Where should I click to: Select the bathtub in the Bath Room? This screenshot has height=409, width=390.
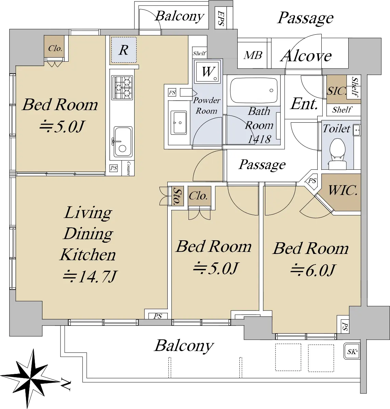(x=254, y=91)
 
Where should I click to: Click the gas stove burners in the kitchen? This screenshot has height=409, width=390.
(x=122, y=87)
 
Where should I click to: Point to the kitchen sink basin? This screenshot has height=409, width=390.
(x=123, y=142)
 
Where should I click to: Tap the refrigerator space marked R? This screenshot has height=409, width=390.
(x=124, y=50)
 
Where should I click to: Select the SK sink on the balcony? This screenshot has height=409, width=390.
(x=352, y=351)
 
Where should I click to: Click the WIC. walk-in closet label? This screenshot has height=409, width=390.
(x=343, y=190)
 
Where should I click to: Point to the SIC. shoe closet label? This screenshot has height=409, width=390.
(x=336, y=91)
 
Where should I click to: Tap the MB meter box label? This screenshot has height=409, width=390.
(x=253, y=55)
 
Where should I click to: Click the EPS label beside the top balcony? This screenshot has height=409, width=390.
(x=221, y=19)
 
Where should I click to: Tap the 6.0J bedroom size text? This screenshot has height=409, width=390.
(x=313, y=270)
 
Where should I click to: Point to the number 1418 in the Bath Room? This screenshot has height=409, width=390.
(x=259, y=139)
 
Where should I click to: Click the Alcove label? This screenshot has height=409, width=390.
(x=306, y=56)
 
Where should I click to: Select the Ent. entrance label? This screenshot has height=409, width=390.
(x=304, y=104)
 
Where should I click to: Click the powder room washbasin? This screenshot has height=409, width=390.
(x=179, y=123)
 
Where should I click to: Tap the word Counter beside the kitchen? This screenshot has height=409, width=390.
(x=128, y=168)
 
